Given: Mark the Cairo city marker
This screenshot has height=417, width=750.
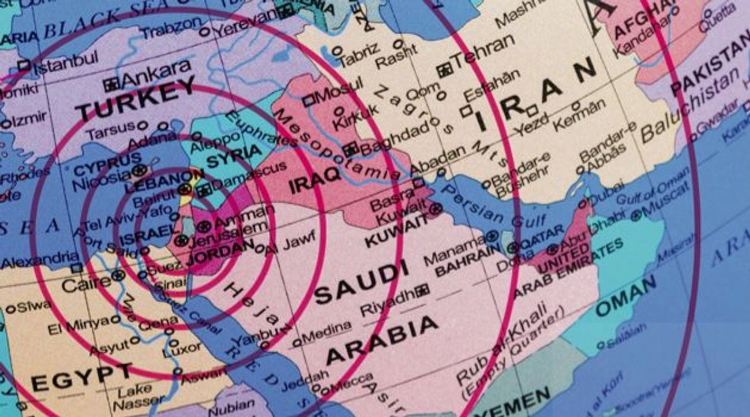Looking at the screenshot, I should [118, 275].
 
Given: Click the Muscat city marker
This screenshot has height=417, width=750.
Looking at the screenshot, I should [636, 215].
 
